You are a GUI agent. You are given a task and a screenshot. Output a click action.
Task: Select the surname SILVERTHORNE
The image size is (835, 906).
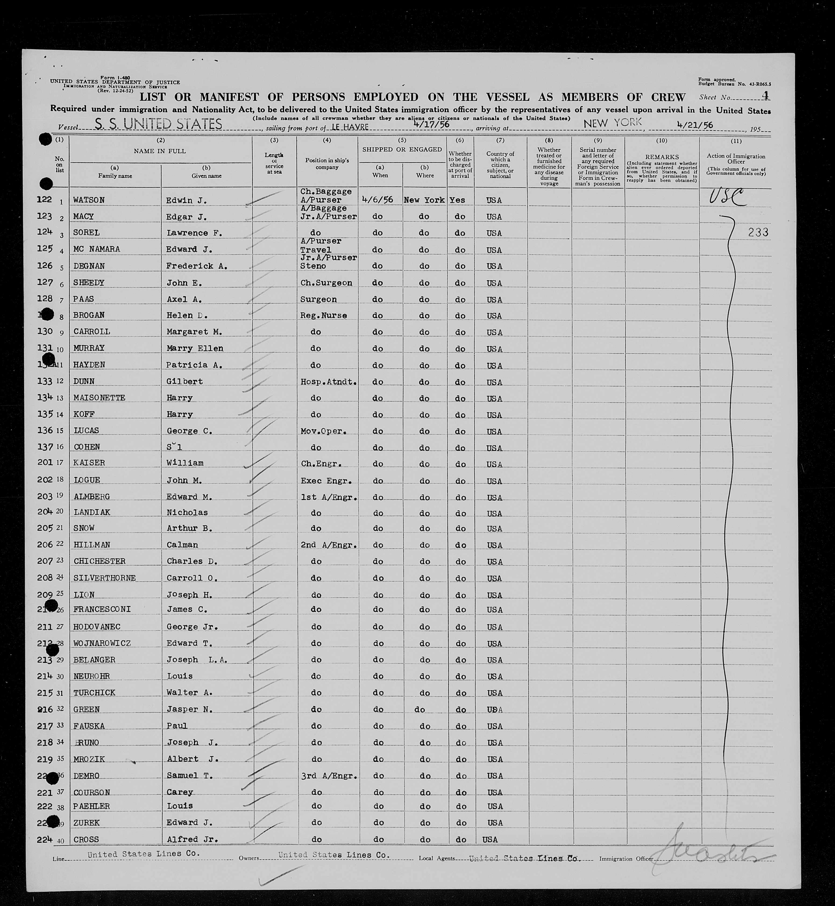pyautogui.click(x=104, y=578)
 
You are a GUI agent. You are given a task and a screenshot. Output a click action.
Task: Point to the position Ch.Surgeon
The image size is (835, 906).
pyautogui.click(x=326, y=283)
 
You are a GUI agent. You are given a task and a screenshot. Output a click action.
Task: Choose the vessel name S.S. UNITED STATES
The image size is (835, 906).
pyautogui.click(x=158, y=124)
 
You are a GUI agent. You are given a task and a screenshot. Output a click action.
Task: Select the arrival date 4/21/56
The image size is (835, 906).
pyautogui.click(x=694, y=125)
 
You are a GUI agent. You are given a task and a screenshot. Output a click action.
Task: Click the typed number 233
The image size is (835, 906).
pyautogui.click(x=758, y=232)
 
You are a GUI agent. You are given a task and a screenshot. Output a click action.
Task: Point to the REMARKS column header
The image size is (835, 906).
pyautogui.click(x=662, y=157)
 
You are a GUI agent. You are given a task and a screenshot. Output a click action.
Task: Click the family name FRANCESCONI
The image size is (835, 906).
pyautogui.click(x=102, y=609)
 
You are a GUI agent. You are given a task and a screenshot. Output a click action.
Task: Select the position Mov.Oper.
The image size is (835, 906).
pyautogui.click(x=324, y=431)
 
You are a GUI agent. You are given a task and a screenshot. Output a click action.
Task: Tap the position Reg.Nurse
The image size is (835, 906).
pyautogui.click(x=324, y=315)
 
